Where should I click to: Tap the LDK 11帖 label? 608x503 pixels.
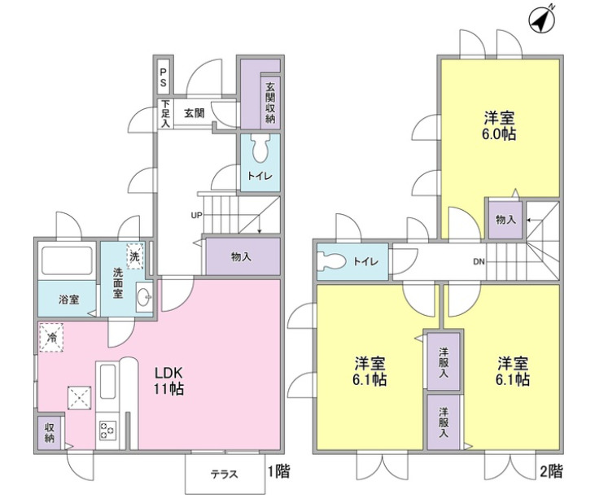(x=169, y=378)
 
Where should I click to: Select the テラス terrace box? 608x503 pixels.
(x=225, y=473)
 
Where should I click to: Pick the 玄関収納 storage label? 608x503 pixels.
(x=269, y=102)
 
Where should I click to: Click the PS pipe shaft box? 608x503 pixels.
(x=164, y=78)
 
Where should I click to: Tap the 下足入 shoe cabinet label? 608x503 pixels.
(x=164, y=114)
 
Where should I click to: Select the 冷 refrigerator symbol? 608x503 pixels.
(x=51, y=336)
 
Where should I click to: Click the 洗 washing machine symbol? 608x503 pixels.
(x=134, y=252)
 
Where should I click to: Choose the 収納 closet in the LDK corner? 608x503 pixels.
(x=50, y=431)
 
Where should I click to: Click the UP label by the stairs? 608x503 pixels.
(x=196, y=216)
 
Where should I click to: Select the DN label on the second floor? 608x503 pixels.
(x=480, y=262)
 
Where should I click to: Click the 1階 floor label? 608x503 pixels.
(x=277, y=470)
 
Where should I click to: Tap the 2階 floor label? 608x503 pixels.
(x=550, y=470)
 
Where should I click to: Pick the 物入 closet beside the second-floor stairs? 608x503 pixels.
(x=504, y=220)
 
